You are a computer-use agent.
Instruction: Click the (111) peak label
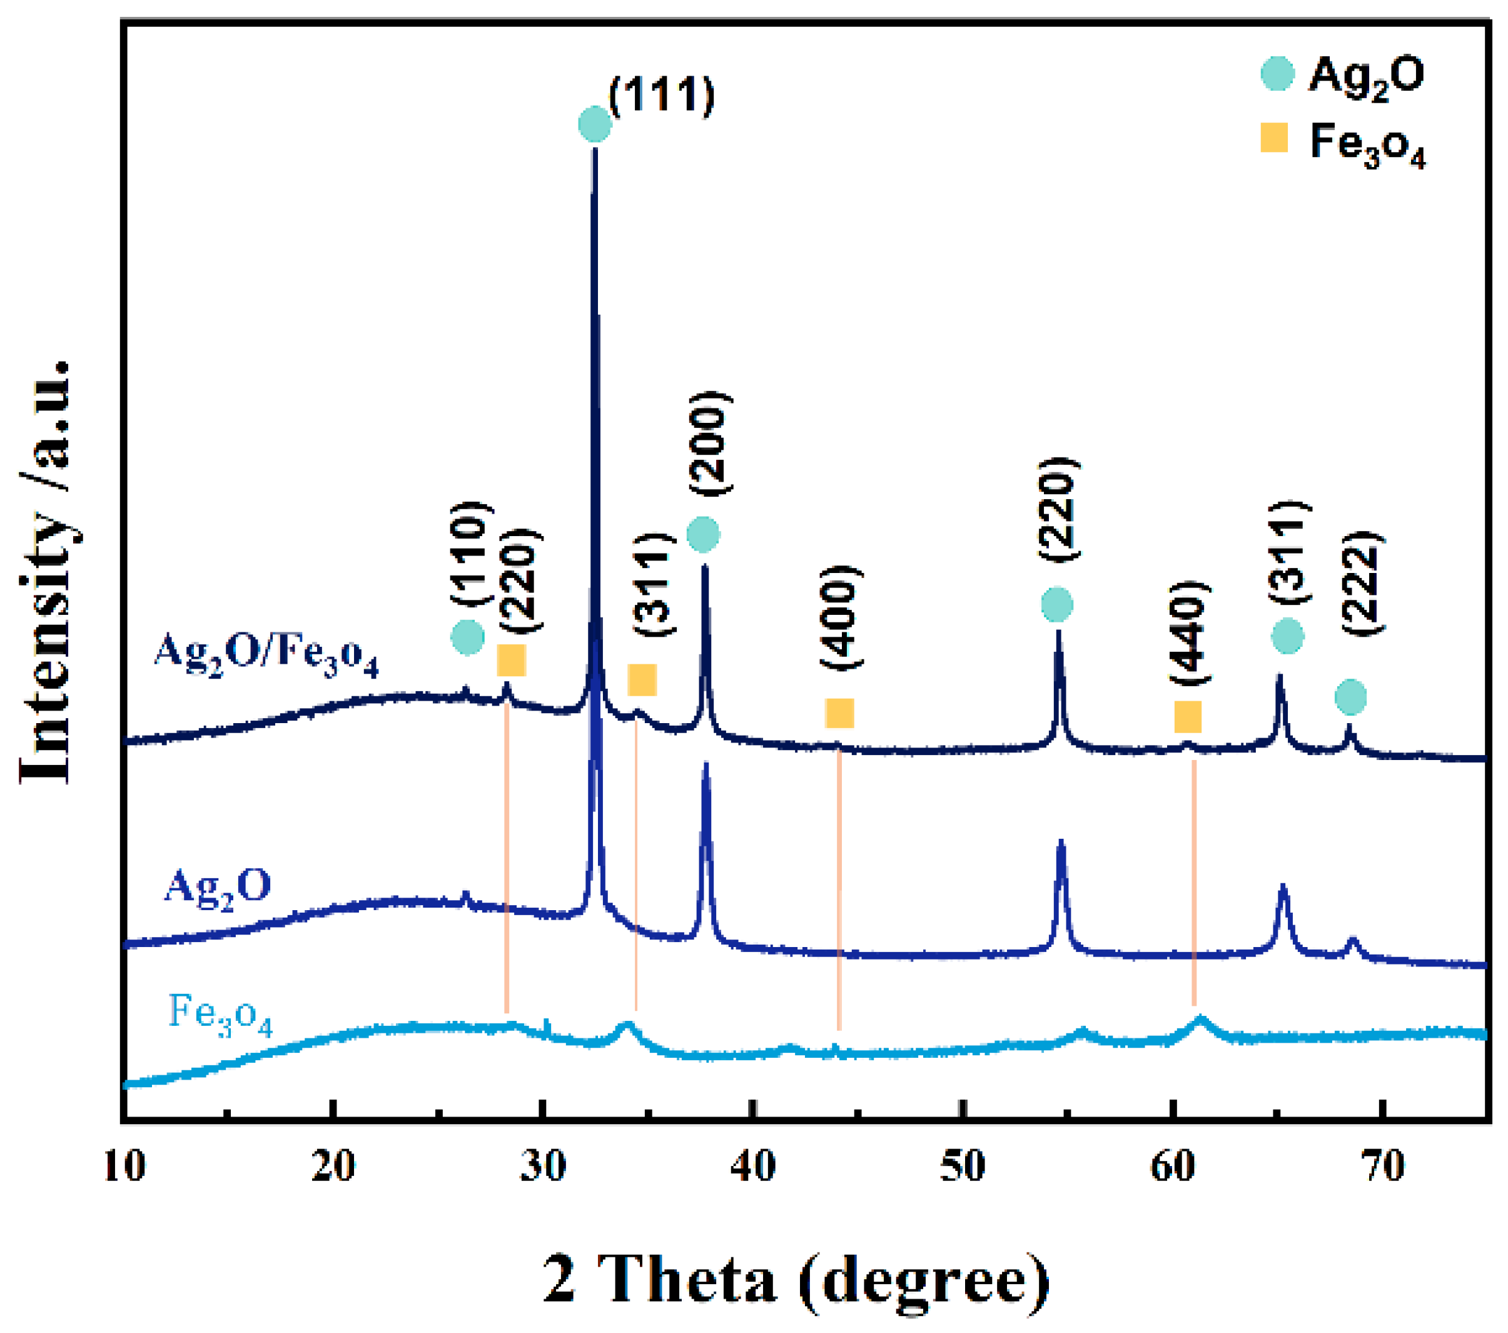tap(662, 95)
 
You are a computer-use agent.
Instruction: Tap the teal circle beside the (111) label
tap(595, 123)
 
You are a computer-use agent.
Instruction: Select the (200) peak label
tap(710, 443)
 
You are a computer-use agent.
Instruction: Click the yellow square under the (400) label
tap(839, 712)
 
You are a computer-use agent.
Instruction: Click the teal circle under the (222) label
tap(1350, 696)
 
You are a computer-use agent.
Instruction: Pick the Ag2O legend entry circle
tap(1277, 74)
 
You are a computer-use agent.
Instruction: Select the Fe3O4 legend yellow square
tap(1274, 138)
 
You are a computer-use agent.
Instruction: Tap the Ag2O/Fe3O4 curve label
tap(266, 654)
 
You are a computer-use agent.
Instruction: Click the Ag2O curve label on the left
tap(217, 886)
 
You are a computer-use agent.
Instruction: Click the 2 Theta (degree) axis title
tap(796, 1280)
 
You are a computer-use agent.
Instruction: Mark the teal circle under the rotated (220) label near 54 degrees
tap(1056, 604)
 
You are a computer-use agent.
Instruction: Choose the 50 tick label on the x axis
tap(963, 1167)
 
